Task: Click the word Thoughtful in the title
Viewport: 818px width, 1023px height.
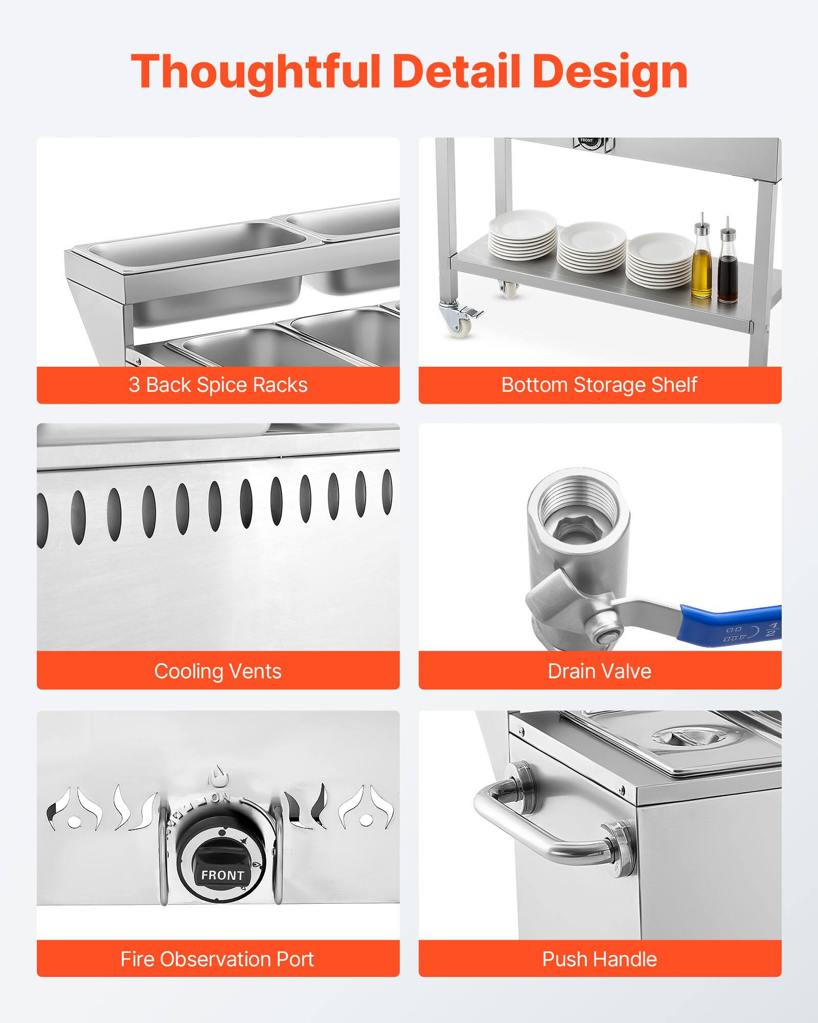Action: [x=256, y=72]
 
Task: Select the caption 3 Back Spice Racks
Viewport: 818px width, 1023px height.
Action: [x=218, y=385]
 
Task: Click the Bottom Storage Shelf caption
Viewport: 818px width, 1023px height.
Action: [x=599, y=385]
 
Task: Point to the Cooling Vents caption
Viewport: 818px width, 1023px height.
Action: [x=218, y=671]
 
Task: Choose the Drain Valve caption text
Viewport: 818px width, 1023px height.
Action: [x=599, y=671]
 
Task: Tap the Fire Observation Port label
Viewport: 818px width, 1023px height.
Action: [x=218, y=959]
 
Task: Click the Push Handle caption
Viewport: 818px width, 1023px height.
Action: [x=599, y=959]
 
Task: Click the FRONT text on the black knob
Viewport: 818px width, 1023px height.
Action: [x=222, y=875]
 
